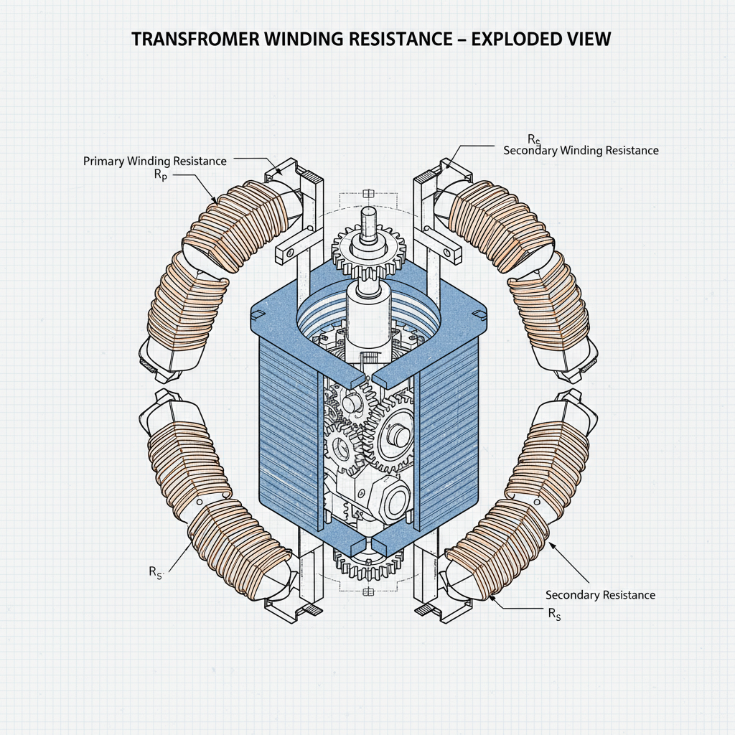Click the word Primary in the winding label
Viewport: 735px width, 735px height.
(104, 161)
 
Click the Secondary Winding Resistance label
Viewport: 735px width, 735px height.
(581, 151)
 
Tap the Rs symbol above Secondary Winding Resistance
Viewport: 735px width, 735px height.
(534, 139)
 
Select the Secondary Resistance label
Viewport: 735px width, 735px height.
(600, 595)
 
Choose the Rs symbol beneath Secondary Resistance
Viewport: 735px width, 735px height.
(554, 613)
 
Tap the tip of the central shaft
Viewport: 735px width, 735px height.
(369, 212)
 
